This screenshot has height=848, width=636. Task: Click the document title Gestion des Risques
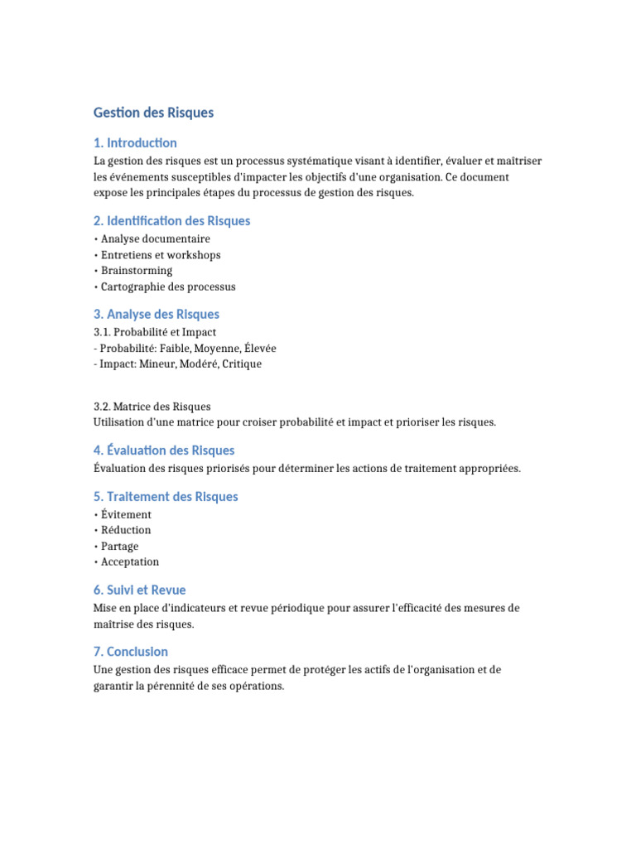pyautogui.click(x=154, y=113)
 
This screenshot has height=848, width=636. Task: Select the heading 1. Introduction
pyautogui.click(x=135, y=143)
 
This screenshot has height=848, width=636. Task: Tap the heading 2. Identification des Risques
pyautogui.click(x=172, y=221)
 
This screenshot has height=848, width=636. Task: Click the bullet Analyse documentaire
pyautogui.click(x=155, y=239)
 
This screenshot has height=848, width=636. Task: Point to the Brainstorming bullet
pyautogui.click(x=137, y=271)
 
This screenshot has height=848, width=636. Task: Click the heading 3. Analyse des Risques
pyautogui.click(x=157, y=315)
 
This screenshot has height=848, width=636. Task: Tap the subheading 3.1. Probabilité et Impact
pyautogui.click(x=155, y=332)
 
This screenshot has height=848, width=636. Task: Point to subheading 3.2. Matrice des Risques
pyautogui.click(x=152, y=407)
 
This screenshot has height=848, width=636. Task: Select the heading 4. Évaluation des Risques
pyautogui.click(x=164, y=450)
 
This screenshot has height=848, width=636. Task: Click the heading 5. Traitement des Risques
pyautogui.click(x=166, y=497)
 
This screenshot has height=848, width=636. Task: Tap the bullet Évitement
pyautogui.click(x=126, y=514)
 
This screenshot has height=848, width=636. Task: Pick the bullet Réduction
pyautogui.click(x=126, y=530)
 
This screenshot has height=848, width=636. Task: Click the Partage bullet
pyautogui.click(x=119, y=547)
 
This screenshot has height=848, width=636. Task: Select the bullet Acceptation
pyautogui.click(x=130, y=562)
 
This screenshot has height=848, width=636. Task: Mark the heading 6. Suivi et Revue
pyautogui.click(x=140, y=590)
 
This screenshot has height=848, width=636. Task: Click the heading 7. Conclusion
pyautogui.click(x=131, y=652)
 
